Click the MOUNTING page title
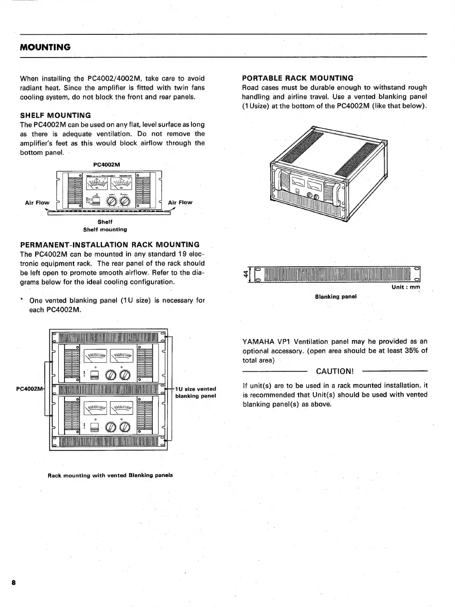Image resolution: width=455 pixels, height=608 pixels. point(45,47)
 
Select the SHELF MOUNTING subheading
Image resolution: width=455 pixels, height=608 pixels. point(56,115)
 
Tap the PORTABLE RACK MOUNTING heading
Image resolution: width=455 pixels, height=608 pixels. point(298,78)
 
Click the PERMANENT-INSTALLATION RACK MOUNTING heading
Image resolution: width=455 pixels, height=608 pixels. point(110,245)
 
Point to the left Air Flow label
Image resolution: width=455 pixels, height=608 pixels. point(37,202)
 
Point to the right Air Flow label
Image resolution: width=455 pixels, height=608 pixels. point(180,202)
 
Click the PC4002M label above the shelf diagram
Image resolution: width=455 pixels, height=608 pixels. point(107,165)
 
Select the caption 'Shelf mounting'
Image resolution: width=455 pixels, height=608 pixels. point(105,229)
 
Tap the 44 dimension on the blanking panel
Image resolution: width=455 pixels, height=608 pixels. point(245,274)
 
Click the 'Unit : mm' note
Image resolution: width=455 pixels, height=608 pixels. point(406,287)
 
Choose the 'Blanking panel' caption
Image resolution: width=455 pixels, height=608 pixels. point(336,297)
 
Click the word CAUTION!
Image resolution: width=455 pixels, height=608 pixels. point(335,371)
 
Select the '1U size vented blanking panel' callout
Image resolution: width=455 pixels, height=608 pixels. point(195,392)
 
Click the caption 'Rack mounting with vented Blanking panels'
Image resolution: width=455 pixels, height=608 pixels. point(110,475)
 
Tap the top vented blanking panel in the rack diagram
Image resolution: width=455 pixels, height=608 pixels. point(109,337)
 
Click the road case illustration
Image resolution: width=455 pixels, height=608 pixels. point(328,173)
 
